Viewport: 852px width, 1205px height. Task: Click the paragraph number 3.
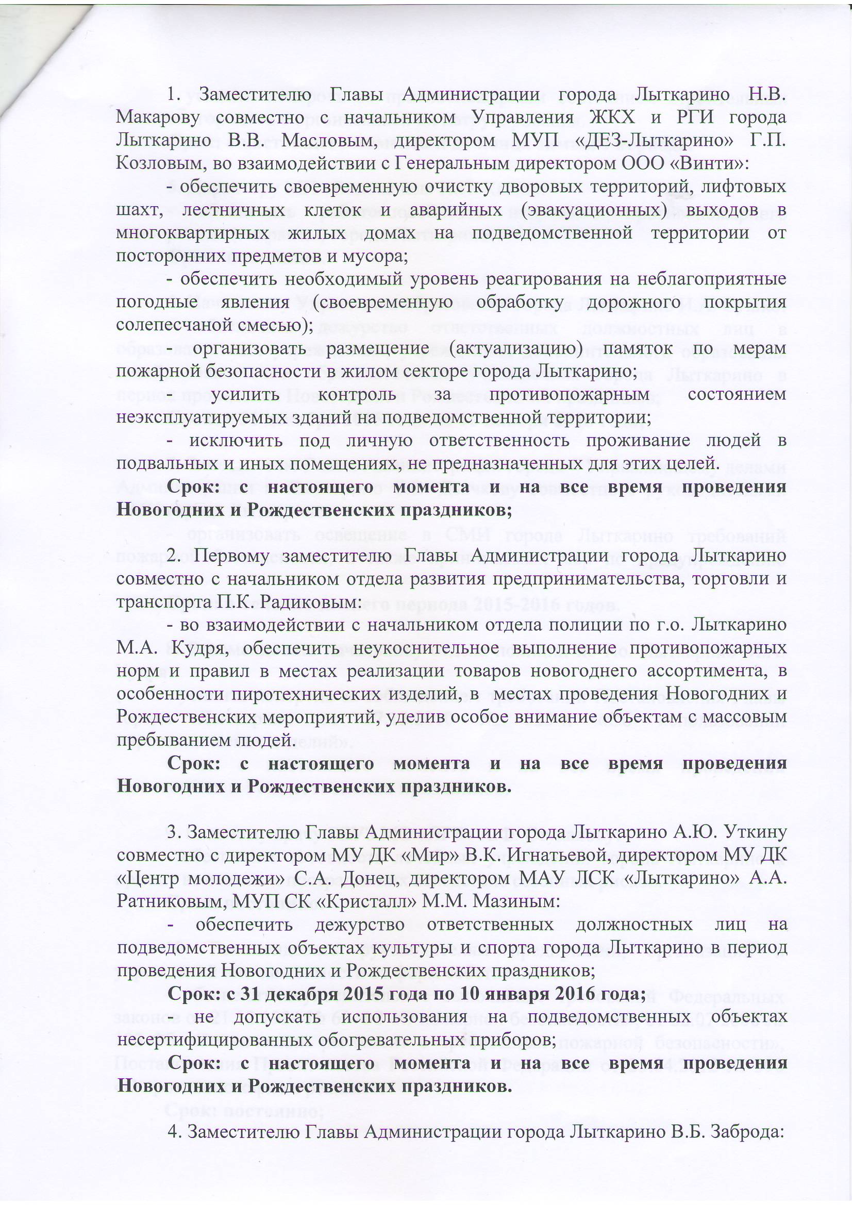click(172, 833)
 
